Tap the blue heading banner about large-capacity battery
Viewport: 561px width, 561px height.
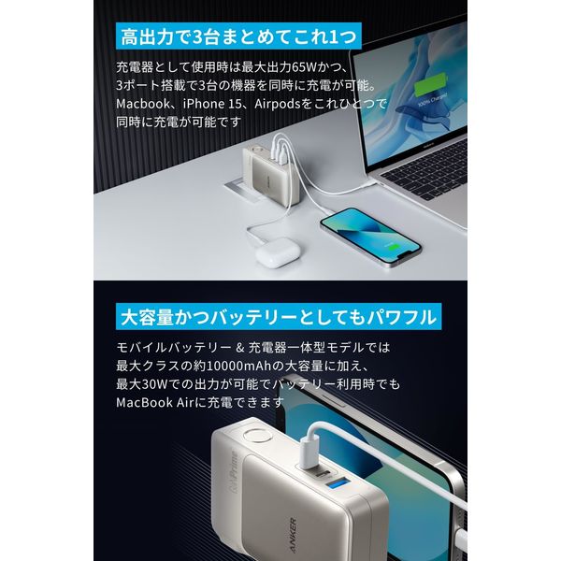pyautogui.click(x=275, y=317)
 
